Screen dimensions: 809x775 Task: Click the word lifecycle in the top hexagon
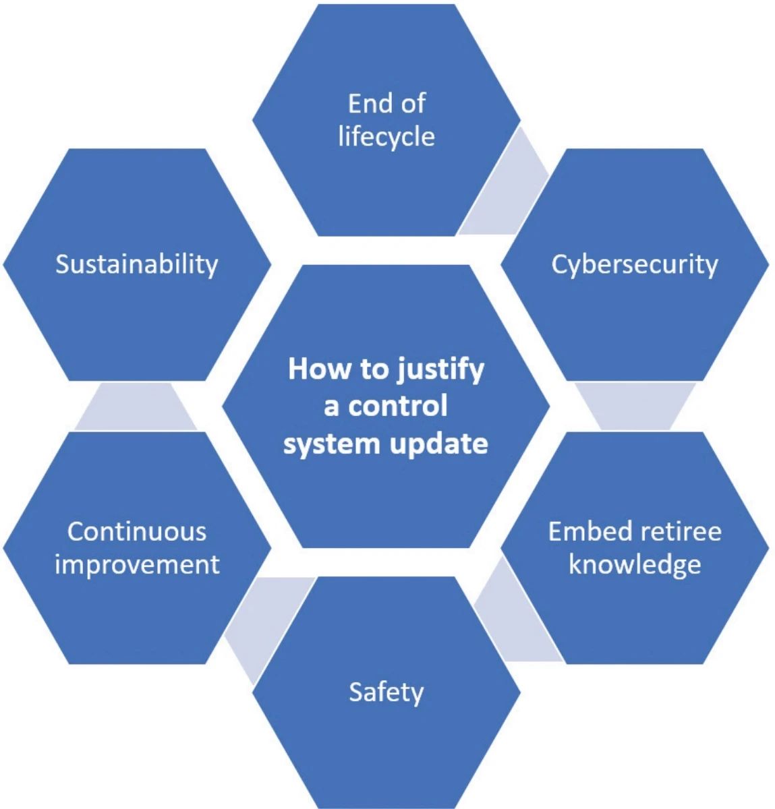coord(386,137)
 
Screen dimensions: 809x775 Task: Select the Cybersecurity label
coord(634,264)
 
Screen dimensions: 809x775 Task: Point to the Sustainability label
coord(137,264)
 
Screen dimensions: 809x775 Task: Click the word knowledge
coord(634,564)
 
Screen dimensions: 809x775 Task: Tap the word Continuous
coord(137,531)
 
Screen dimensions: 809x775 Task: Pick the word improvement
coord(137,564)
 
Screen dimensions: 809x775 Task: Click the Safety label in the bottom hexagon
coord(386,692)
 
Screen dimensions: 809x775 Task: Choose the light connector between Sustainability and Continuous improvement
coord(136,407)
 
